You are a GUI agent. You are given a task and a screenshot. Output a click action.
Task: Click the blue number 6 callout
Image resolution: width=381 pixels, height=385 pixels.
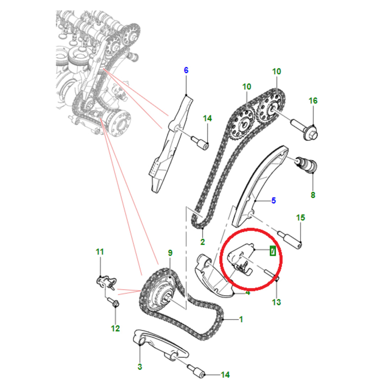pyautogui.click(x=186, y=70)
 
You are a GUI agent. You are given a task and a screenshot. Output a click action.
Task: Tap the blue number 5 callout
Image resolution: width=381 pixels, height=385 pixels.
pyautogui.click(x=273, y=201)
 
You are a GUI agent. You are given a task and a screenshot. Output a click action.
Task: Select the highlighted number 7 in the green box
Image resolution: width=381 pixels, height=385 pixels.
pyautogui.click(x=272, y=251)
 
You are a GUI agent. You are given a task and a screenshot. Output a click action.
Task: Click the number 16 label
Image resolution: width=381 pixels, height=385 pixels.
pyautogui.click(x=313, y=101)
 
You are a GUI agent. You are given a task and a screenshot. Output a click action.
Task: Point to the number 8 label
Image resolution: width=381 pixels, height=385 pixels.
pyautogui.click(x=313, y=195)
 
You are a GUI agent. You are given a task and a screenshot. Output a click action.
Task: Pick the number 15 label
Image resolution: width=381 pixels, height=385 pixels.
pyautogui.click(x=301, y=217)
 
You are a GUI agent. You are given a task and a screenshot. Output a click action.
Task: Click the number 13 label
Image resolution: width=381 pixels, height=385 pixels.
pyautogui.click(x=276, y=302)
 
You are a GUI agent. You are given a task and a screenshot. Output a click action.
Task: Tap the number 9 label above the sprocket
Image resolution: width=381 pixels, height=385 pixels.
pyautogui.click(x=170, y=253)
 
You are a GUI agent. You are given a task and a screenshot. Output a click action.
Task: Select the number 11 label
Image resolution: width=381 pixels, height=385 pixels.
pyautogui.click(x=100, y=252)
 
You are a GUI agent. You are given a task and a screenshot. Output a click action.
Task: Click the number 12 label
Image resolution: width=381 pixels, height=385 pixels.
pyautogui.click(x=115, y=328)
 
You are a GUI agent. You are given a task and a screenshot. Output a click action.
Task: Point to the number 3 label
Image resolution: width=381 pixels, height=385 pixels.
pyautogui.click(x=139, y=366)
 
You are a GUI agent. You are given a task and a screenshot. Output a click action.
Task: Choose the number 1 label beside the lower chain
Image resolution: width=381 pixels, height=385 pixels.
pyautogui.click(x=241, y=319)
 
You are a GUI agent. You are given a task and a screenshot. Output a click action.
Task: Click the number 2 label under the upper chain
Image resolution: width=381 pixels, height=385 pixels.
pyautogui.click(x=202, y=242)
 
